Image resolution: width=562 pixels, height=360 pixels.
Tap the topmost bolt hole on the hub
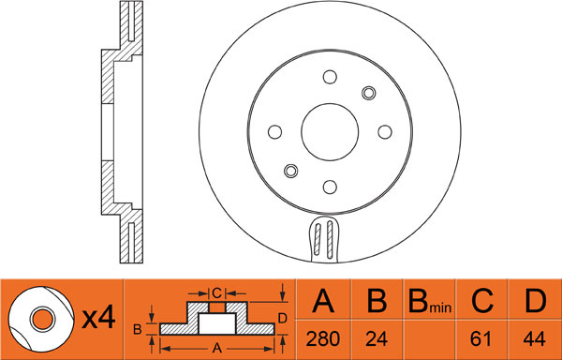coord(330,77)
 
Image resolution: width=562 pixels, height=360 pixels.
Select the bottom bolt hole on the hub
coord(330,187)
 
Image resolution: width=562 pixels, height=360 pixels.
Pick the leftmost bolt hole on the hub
coord(274,132)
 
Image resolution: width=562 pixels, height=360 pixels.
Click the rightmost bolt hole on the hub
coord(385,132)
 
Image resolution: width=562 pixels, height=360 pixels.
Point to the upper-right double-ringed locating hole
coord(368,93)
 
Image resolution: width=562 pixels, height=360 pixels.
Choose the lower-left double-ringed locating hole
coord(290,171)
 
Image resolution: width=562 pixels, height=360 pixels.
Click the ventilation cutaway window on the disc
coord(324,238)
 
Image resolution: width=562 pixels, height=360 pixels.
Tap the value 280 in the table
coord(323,338)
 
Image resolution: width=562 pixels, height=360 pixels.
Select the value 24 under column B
coord(377,338)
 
